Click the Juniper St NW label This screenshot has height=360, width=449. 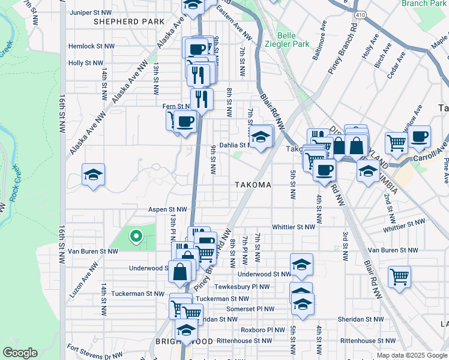coord(91,12)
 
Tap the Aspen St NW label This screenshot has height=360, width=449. coord(167,209)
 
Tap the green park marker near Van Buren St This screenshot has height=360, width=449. coord(136,236)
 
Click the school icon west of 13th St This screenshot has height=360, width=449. coord(93,175)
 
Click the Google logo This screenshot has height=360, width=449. coord(20,353)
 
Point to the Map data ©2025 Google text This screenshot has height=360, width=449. coord(412,356)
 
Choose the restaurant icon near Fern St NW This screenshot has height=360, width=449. coord(202,98)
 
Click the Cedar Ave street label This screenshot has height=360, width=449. coord(397,65)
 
